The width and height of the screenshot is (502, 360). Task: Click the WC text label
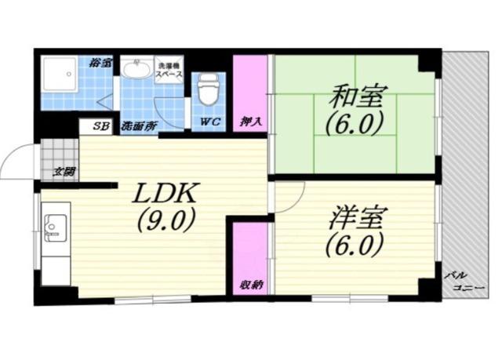tap(209, 122)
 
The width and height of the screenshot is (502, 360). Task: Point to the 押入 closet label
tap(250, 122)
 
